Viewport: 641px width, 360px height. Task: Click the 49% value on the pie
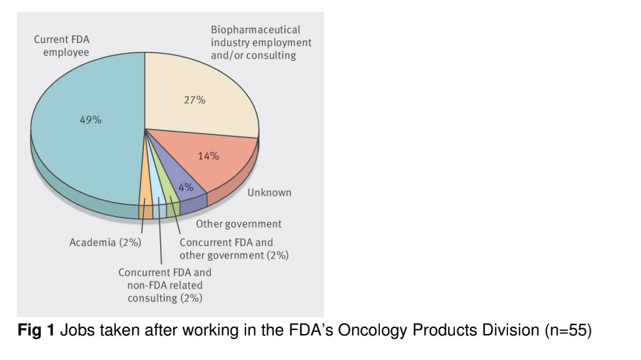pyautogui.click(x=91, y=120)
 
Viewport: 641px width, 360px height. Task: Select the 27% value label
pyautogui.click(x=194, y=100)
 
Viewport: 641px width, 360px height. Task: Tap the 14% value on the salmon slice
pyautogui.click(x=208, y=155)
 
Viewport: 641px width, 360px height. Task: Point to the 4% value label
pyautogui.click(x=185, y=186)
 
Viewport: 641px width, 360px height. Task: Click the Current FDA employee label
pyautogui.click(x=61, y=46)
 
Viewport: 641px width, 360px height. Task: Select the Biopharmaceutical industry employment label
pyautogui.click(x=260, y=42)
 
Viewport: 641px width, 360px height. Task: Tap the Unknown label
pyautogui.click(x=269, y=192)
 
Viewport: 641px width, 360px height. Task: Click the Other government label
pyautogui.click(x=239, y=224)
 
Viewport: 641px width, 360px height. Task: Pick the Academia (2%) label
pyautogui.click(x=106, y=242)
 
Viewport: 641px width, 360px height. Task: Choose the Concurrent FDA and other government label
pyautogui.click(x=234, y=249)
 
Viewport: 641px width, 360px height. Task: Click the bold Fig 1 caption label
pyautogui.click(x=35, y=332)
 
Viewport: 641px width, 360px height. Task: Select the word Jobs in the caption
pyautogui.click(x=72, y=332)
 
